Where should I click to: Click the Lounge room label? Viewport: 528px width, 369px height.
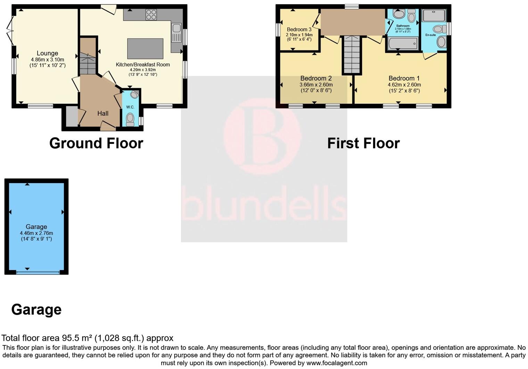tap(47, 53)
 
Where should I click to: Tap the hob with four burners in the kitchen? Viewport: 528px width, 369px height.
tap(151, 14)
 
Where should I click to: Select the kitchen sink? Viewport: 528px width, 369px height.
tap(176, 33)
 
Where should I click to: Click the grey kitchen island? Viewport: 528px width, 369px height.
tap(145, 49)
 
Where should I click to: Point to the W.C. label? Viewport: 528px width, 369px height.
tap(130, 107)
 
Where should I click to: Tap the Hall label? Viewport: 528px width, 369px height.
tap(103, 113)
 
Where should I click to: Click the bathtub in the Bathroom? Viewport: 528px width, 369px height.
tap(403, 44)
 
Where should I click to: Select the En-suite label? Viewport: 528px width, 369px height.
tap(430, 35)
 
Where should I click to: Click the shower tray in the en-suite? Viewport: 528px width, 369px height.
tap(434, 16)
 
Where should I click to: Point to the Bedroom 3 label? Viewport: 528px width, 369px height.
tap(299, 30)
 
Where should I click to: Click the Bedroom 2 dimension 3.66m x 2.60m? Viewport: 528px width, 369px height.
tap(316, 85)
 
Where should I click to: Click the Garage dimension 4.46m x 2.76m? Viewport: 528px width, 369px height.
tap(36, 233)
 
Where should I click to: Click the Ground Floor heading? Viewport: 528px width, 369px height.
tap(96, 143)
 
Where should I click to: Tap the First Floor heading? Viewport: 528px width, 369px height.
tap(363, 143)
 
